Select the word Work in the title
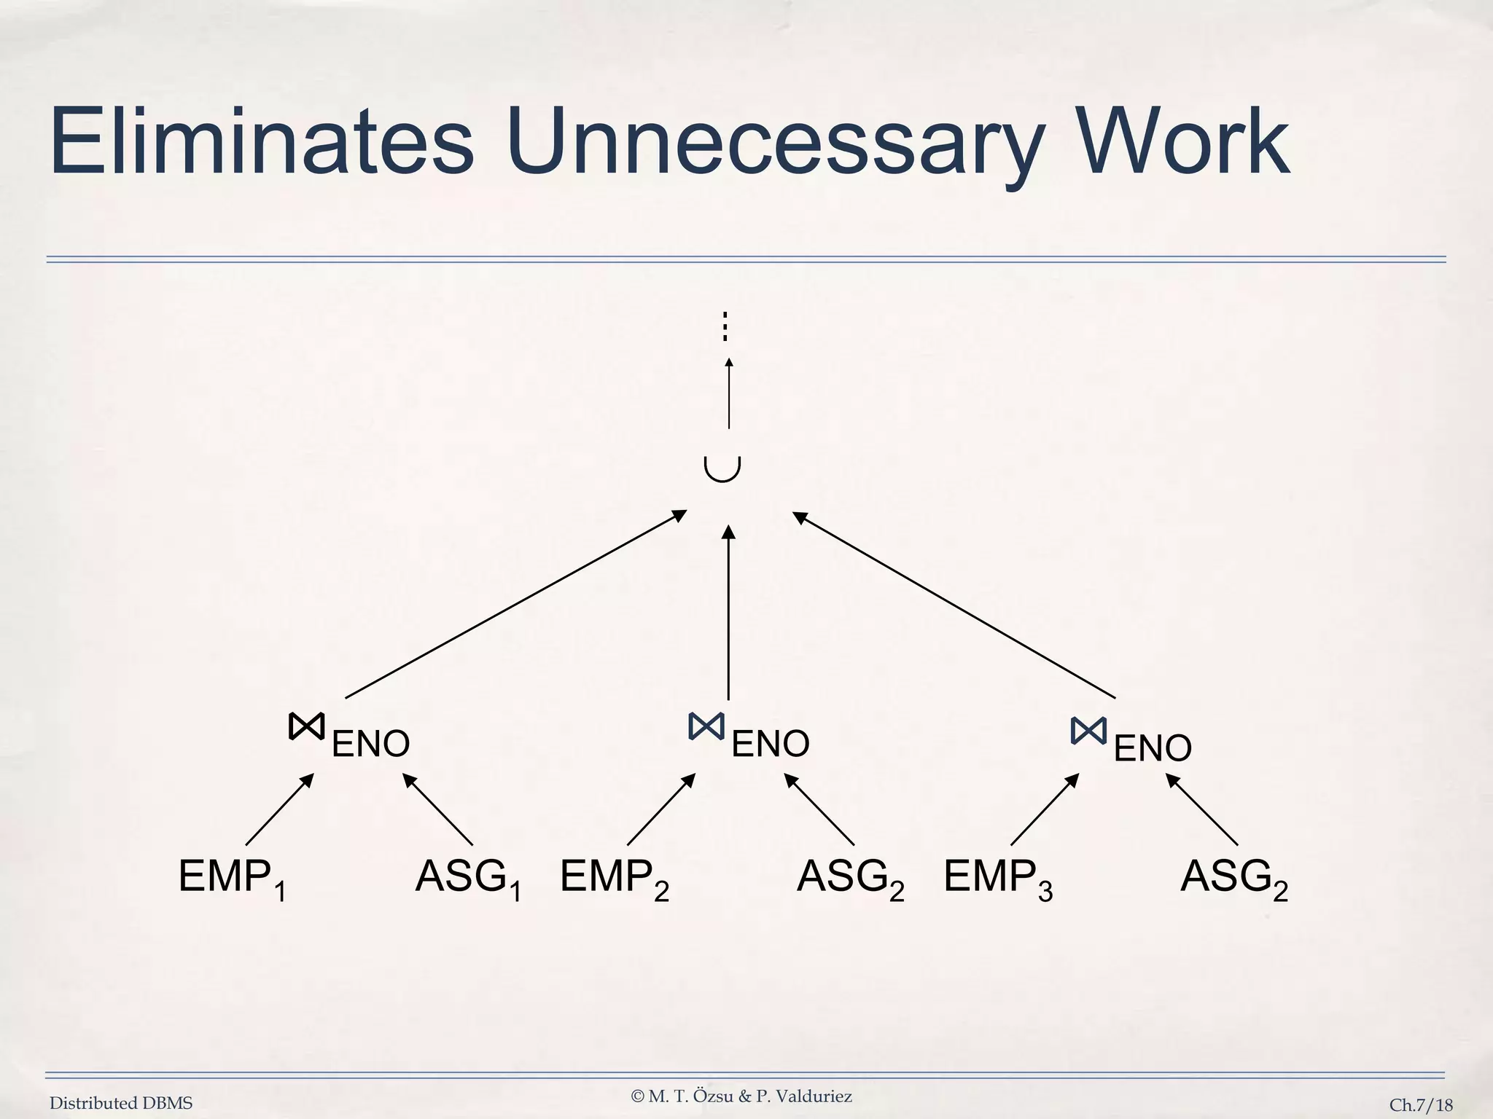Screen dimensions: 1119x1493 coord(1182,142)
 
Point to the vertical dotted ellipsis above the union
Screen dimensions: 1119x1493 coord(725,327)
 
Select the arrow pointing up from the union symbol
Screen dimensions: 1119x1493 coord(728,393)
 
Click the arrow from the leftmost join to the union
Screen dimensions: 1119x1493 coord(515,604)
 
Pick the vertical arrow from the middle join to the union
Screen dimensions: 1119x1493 coord(728,612)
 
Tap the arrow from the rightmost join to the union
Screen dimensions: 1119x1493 coord(954,604)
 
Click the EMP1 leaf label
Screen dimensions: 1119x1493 coord(232,878)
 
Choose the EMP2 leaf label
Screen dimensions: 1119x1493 coord(615,878)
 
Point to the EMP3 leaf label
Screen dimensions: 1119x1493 coord(998,878)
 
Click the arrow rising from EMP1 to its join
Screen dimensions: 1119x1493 coord(280,809)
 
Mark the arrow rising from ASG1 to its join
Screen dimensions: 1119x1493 coord(438,809)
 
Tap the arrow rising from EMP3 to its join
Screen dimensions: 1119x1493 coord(1045,809)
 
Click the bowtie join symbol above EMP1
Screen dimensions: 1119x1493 coord(306,727)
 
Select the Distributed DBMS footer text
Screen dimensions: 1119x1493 coord(121,1104)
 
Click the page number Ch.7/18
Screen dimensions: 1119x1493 coord(1421,1105)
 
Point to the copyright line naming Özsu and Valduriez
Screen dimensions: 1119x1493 coord(741,1096)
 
